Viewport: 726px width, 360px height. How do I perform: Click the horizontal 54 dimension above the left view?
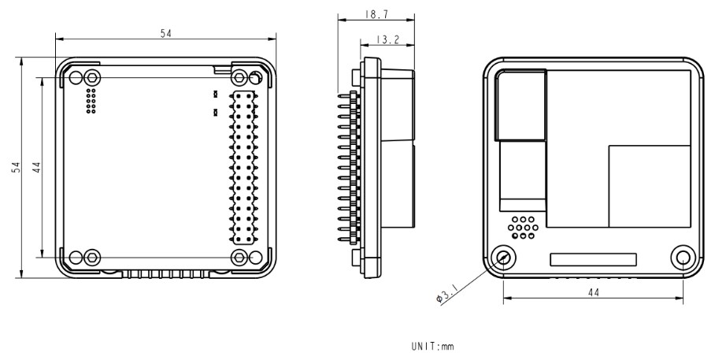point(165,32)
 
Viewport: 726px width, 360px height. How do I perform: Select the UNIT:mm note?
point(432,345)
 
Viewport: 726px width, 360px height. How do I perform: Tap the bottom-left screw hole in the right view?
point(502,257)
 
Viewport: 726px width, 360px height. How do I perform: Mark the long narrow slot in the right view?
point(593,258)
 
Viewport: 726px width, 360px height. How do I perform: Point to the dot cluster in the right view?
point(521,227)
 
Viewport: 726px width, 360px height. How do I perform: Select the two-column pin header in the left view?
point(243,166)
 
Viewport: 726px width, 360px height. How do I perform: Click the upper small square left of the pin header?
point(215,95)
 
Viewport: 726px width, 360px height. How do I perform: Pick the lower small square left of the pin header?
point(215,112)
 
